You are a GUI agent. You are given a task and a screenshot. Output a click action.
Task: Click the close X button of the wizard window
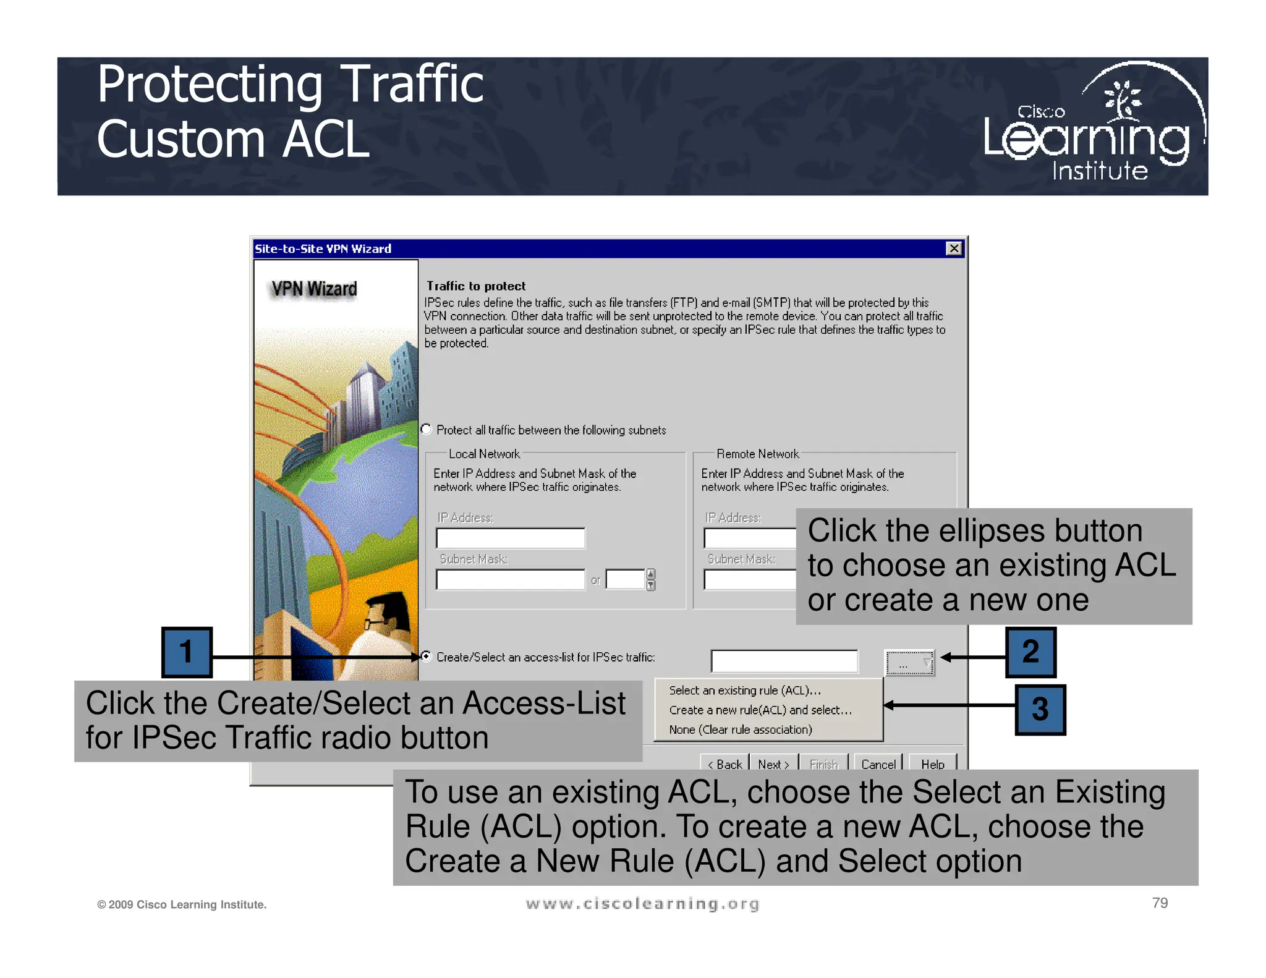954,249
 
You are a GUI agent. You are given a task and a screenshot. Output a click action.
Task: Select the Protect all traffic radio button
427,429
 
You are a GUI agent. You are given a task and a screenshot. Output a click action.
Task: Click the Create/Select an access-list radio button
427,657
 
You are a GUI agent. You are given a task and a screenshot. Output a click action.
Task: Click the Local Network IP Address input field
510,538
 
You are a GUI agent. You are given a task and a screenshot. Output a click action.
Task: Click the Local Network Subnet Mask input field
510,580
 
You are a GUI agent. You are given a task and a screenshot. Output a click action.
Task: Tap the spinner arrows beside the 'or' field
650,580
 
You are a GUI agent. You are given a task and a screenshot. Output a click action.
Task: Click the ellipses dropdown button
909,663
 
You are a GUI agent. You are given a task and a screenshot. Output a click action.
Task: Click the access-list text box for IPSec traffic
784,661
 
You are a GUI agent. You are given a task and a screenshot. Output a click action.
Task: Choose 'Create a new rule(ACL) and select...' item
760,710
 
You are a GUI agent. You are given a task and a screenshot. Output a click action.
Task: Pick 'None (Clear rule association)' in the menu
741,730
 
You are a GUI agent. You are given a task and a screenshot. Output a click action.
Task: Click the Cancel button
878,763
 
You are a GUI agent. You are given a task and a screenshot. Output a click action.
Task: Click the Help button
932,763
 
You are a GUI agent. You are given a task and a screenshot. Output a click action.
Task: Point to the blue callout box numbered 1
187,652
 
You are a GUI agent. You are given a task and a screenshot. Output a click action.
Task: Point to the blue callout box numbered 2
1030,652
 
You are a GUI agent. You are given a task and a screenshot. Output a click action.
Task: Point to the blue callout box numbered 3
1040,709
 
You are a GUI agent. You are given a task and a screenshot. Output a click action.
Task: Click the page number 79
1160,903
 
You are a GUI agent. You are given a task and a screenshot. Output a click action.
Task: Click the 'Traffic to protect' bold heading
476,286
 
